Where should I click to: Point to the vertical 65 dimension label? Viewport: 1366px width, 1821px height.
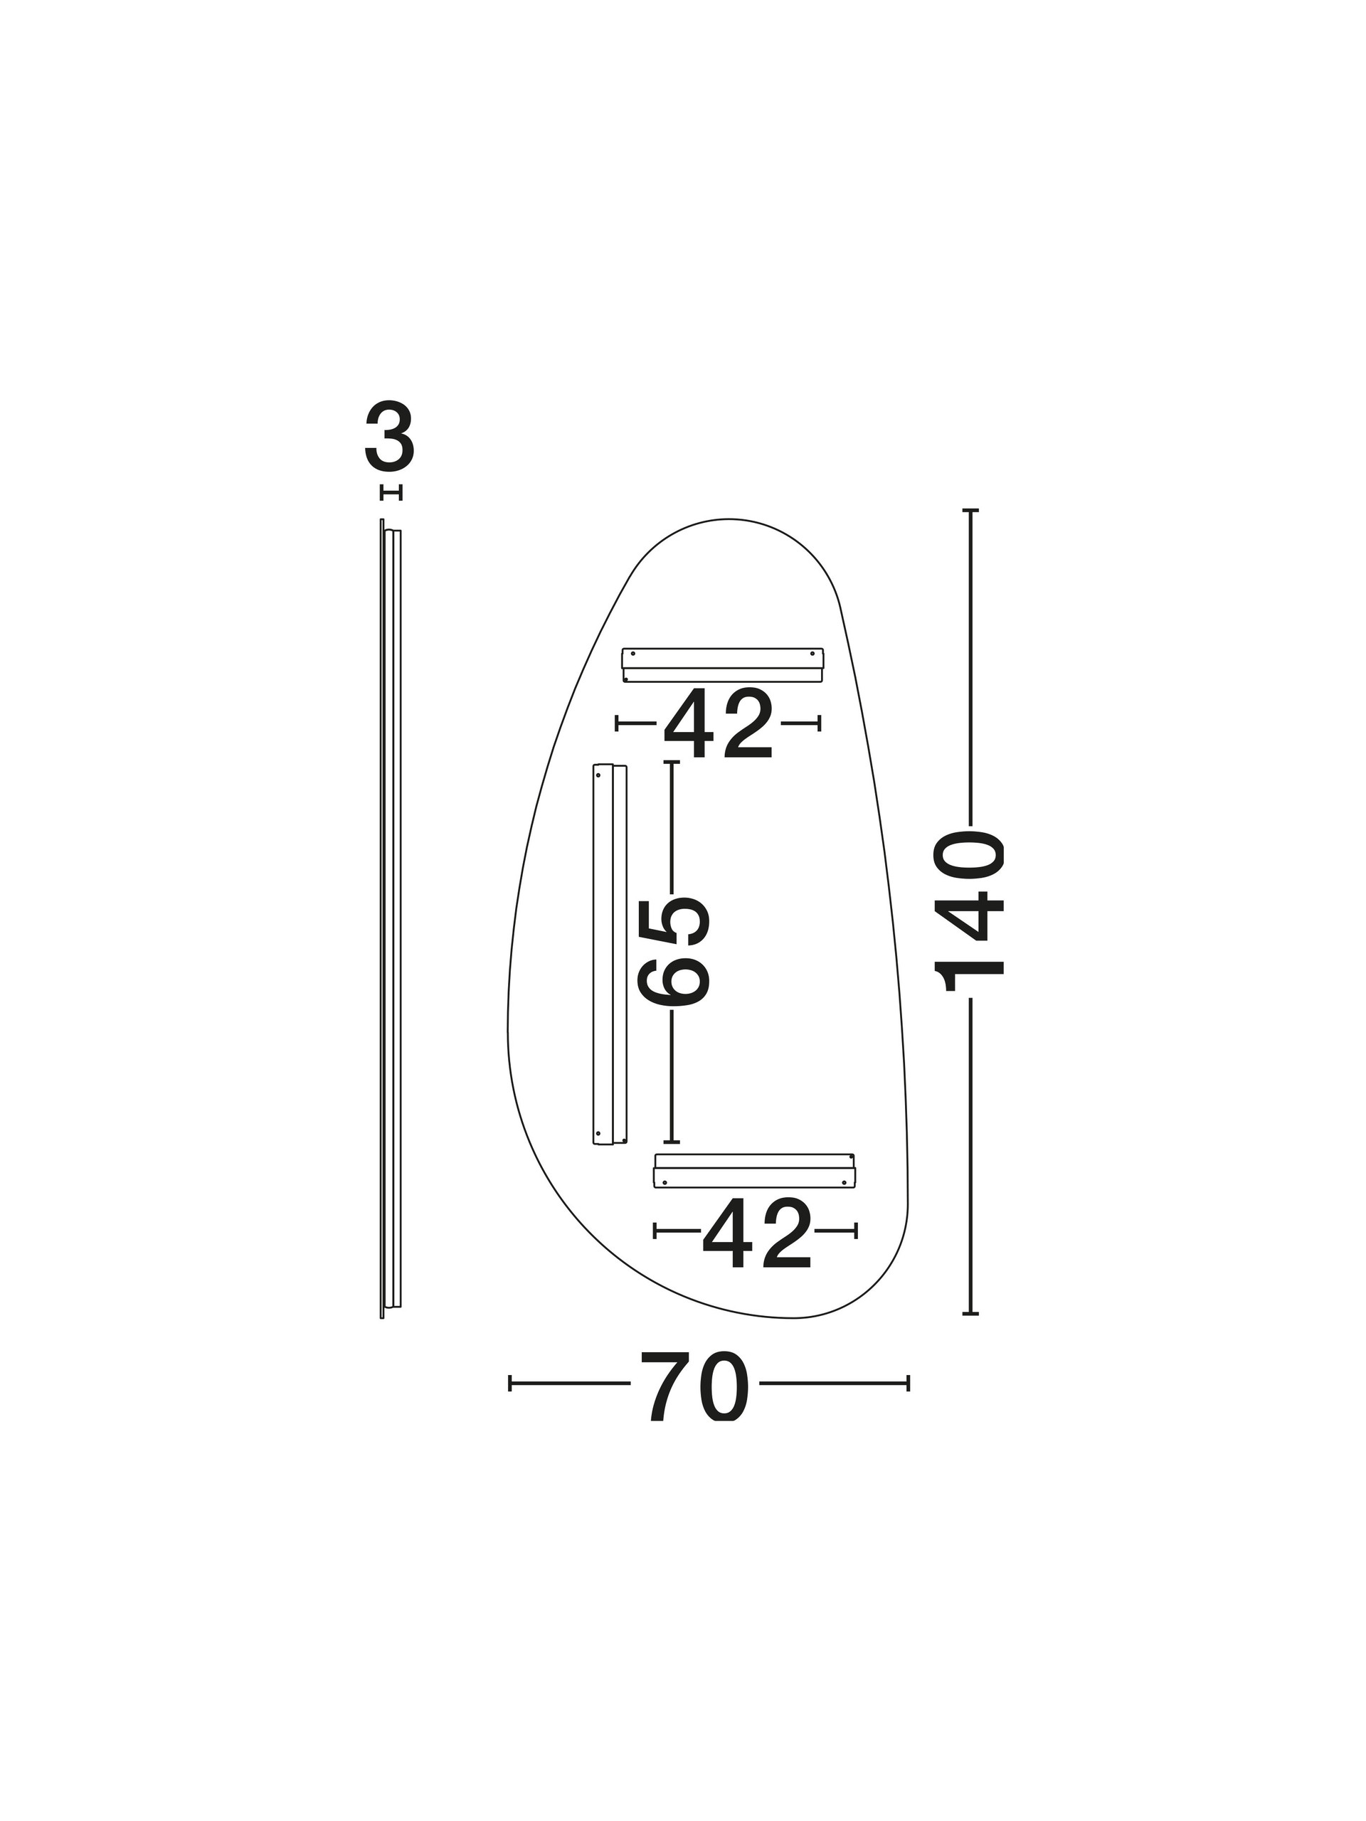tap(674, 952)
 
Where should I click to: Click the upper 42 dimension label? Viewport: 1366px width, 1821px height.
tap(718, 723)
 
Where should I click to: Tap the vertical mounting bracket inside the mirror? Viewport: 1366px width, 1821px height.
tap(609, 954)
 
